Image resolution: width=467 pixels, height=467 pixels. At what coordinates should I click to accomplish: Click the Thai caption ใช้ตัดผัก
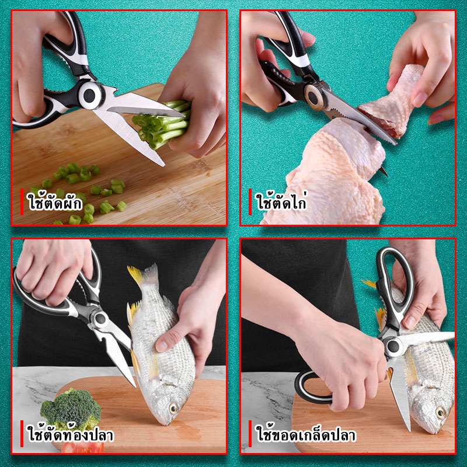[55, 202]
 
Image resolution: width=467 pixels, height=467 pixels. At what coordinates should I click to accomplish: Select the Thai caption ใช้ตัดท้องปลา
[71, 434]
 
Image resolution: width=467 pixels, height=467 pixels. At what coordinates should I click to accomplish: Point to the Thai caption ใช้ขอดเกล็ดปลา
[306, 434]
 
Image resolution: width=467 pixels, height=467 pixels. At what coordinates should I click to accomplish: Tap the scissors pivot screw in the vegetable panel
[89, 95]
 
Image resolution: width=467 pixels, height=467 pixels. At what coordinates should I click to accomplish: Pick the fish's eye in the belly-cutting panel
[173, 408]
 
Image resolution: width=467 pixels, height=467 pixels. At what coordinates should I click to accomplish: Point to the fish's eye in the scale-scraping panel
[440, 413]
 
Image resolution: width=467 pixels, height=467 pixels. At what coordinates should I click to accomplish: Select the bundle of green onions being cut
[162, 124]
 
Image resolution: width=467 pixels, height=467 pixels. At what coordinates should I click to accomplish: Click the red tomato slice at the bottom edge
[82, 447]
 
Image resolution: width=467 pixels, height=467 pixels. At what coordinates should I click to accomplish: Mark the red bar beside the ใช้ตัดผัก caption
[22, 201]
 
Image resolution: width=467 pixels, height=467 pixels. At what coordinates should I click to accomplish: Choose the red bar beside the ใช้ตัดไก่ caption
[250, 201]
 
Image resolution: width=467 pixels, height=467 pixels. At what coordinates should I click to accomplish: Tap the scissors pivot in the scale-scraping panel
[392, 346]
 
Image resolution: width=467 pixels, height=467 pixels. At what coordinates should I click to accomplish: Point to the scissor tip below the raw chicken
[385, 172]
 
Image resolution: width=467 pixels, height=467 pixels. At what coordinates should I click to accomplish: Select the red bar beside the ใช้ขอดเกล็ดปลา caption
[250, 434]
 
